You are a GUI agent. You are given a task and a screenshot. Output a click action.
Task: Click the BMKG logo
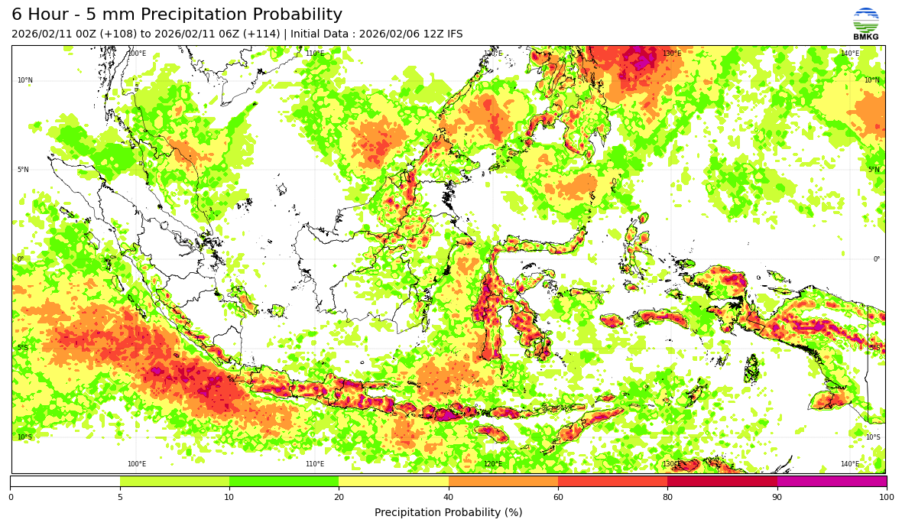click(866, 24)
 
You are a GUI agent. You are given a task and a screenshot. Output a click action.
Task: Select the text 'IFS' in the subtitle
click(453, 34)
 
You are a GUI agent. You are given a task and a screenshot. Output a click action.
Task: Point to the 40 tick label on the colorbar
click(449, 497)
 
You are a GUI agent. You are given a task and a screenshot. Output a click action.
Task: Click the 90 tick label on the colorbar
click(777, 497)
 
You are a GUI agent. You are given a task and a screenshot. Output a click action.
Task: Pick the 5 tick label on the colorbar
click(120, 497)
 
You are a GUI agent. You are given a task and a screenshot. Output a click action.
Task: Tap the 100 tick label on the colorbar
click(887, 497)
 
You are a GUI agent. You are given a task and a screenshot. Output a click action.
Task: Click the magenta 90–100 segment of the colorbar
click(832, 482)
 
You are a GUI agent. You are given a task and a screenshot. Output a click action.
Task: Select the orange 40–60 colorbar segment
click(503, 482)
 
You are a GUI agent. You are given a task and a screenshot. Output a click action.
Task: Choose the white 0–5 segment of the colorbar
click(65, 482)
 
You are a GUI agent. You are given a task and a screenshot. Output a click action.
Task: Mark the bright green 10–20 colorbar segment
click(284, 482)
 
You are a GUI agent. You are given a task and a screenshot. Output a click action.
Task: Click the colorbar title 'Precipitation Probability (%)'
click(448, 512)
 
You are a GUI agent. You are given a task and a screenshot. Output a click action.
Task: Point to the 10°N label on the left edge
click(25, 80)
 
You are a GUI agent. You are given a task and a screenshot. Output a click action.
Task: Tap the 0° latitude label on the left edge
click(21, 259)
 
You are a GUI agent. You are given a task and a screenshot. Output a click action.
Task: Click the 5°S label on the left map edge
click(24, 349)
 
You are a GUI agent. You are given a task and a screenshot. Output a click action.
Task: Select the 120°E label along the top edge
click(493, 54)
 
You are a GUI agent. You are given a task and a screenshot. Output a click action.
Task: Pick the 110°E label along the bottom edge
click(315, 464)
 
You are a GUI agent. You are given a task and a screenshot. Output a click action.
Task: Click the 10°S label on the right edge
click(872, 438)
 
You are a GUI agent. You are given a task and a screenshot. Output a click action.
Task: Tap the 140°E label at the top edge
click(850, 54)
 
